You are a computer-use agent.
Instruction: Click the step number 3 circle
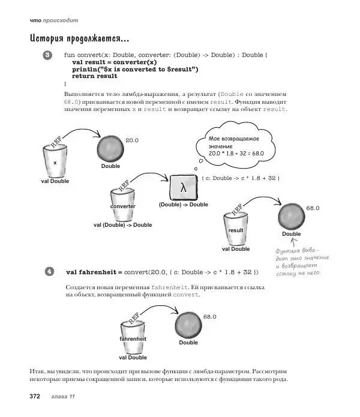pos(49,56)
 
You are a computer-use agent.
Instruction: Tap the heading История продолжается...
pos(79,40)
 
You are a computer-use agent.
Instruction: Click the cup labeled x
pos(55,161)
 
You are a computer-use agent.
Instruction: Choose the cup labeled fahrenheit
pos(133,338)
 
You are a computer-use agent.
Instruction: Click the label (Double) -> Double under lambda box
pos(184,205)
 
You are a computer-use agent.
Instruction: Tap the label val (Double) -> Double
pos(123,225)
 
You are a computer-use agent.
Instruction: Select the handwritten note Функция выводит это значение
pos(298,262)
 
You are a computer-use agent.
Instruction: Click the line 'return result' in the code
pos(94,77)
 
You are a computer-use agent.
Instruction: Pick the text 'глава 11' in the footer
pos(63,397)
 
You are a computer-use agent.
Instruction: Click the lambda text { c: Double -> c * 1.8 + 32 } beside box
pos(241,179)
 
